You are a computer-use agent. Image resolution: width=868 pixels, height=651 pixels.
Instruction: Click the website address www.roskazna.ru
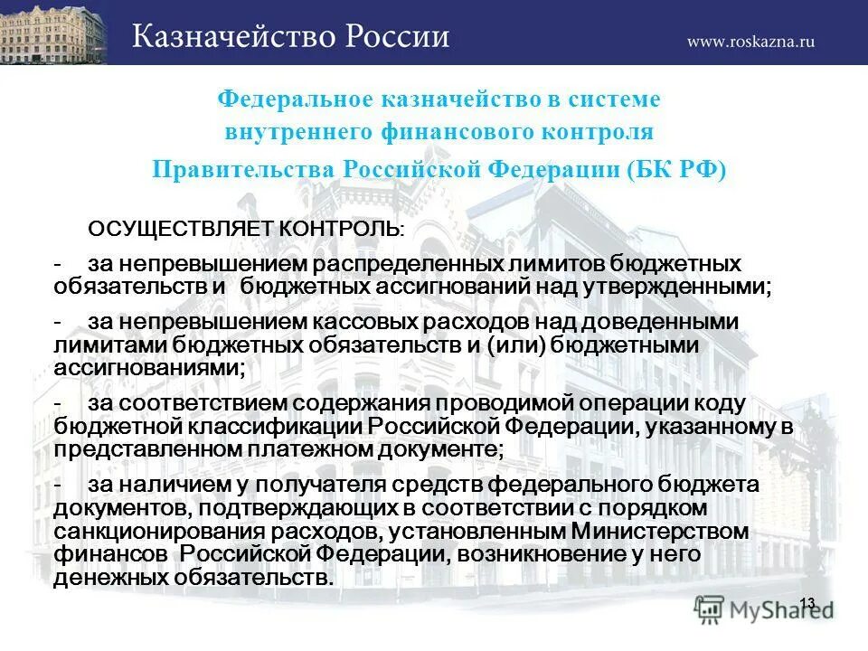click(750, 42)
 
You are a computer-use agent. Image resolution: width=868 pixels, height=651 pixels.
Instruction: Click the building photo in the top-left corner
click(52, 33)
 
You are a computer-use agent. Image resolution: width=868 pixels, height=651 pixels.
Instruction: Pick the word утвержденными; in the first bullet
click(691, 288)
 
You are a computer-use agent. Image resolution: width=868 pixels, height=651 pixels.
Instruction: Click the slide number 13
click(807, 603)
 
